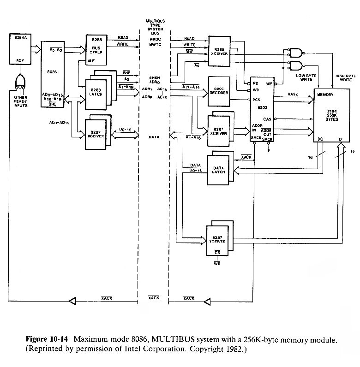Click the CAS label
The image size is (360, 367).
pyautogui.click(x=267, y=118)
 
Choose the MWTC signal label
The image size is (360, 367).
pyautogui.click(x=153, y=45)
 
